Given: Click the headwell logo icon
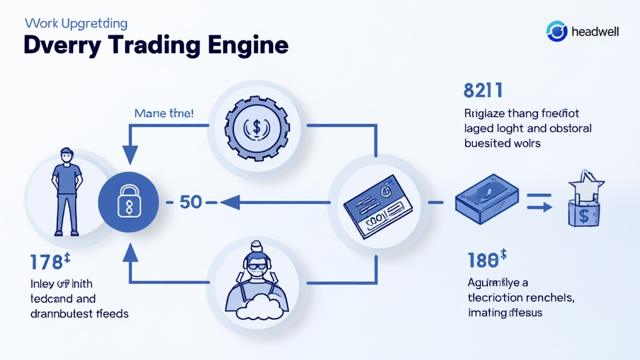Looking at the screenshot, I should click(x=556, y=31).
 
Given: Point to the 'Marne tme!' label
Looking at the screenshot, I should click(x=164, y=114).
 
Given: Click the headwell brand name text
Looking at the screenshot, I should click(x=595, y=31).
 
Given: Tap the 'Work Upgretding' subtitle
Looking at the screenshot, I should click(x=76, y=24).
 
